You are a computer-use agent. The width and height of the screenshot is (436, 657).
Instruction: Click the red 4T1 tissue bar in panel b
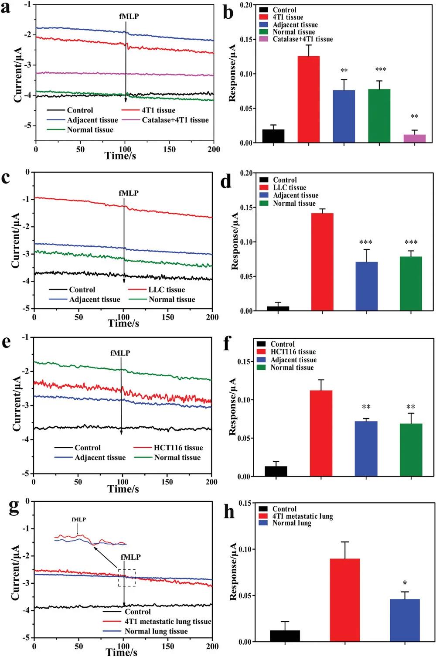308,99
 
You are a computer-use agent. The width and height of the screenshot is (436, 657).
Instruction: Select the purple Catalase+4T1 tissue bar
414,138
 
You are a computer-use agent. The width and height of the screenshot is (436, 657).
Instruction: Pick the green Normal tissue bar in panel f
411,450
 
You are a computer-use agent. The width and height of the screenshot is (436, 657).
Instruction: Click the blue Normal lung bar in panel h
405,620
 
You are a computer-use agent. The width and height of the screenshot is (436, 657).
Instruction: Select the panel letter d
225,180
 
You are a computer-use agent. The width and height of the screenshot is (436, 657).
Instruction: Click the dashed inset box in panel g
127,578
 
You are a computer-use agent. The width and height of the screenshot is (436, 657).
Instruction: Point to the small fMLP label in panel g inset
79,519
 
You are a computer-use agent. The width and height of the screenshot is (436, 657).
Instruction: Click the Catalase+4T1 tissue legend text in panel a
175,120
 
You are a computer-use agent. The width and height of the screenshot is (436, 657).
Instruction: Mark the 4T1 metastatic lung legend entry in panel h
303,516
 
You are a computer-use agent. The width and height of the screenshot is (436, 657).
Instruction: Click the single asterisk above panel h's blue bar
405,583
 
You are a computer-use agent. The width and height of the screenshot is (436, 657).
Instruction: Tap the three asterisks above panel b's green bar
380,70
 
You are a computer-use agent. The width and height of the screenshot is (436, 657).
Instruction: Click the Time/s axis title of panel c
123,323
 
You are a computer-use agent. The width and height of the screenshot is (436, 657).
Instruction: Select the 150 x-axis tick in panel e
167,482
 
